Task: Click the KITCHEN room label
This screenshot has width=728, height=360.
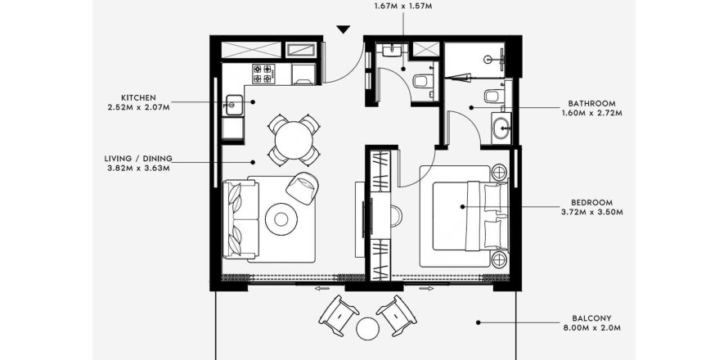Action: [138, 98]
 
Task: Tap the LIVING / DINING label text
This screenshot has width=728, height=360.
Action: [138, 159]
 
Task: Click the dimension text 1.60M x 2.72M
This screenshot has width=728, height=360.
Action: [591, 113]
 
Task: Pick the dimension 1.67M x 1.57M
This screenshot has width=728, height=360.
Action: [403, 6]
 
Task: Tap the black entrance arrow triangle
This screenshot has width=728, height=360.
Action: [343, 29]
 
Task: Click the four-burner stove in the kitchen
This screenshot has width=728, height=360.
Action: [263, 74]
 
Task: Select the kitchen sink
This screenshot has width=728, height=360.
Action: [234, 106]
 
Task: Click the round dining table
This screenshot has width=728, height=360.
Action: [294, 140]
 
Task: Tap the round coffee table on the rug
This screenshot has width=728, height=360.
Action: [281, 218]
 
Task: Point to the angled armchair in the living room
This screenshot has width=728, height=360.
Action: [303, 187]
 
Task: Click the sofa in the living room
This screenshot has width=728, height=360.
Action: [240, 220]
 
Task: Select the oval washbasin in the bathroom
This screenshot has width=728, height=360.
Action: [501, 128]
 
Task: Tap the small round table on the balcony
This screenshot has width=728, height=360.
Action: [368, 328]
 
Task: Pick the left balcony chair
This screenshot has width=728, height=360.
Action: [339, 316]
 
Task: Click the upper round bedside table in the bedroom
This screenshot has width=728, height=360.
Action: [500, 173]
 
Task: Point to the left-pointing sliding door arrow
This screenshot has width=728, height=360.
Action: [321, 289]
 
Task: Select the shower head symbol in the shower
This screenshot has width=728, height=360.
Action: [488, 60]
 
